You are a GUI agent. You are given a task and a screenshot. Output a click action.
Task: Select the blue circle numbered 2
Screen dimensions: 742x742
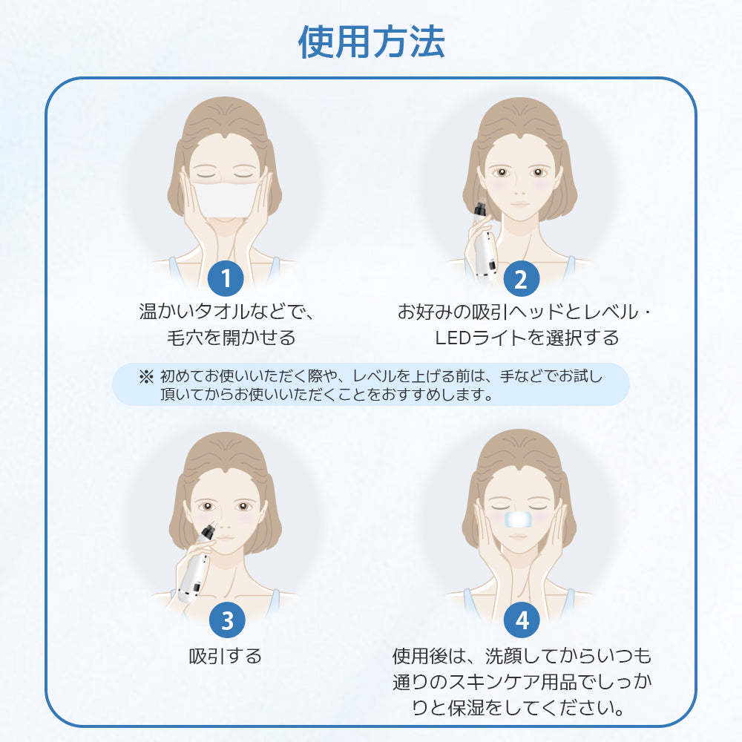(520, 279)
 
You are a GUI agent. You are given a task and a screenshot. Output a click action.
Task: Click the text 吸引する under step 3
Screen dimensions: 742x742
(225, 657)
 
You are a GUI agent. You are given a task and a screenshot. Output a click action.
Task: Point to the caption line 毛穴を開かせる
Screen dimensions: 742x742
(231, 338)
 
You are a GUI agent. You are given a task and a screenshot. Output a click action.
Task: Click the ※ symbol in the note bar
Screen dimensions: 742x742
(145, 376)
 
